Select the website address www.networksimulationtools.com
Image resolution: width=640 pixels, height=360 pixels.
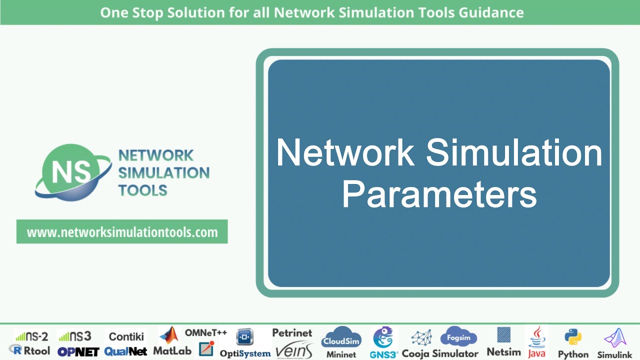[122, 232]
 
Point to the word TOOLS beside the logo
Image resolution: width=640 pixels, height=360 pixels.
[143, 190]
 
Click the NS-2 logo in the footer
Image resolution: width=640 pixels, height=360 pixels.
[31, 336]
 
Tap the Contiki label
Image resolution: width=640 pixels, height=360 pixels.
[126, 336]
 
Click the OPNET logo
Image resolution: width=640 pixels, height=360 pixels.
[78, 351]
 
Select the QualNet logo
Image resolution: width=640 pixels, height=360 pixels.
[126, 351]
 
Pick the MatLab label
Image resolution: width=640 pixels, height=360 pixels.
[172, 351]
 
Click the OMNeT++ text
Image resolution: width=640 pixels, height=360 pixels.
[206, 332]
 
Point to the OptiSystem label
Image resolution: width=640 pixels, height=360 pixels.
[245, 353]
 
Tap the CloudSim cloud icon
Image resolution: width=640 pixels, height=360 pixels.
[341, 338]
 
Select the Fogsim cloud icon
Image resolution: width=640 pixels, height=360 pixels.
[458, 337]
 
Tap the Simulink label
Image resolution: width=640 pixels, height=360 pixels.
[615, 354]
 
